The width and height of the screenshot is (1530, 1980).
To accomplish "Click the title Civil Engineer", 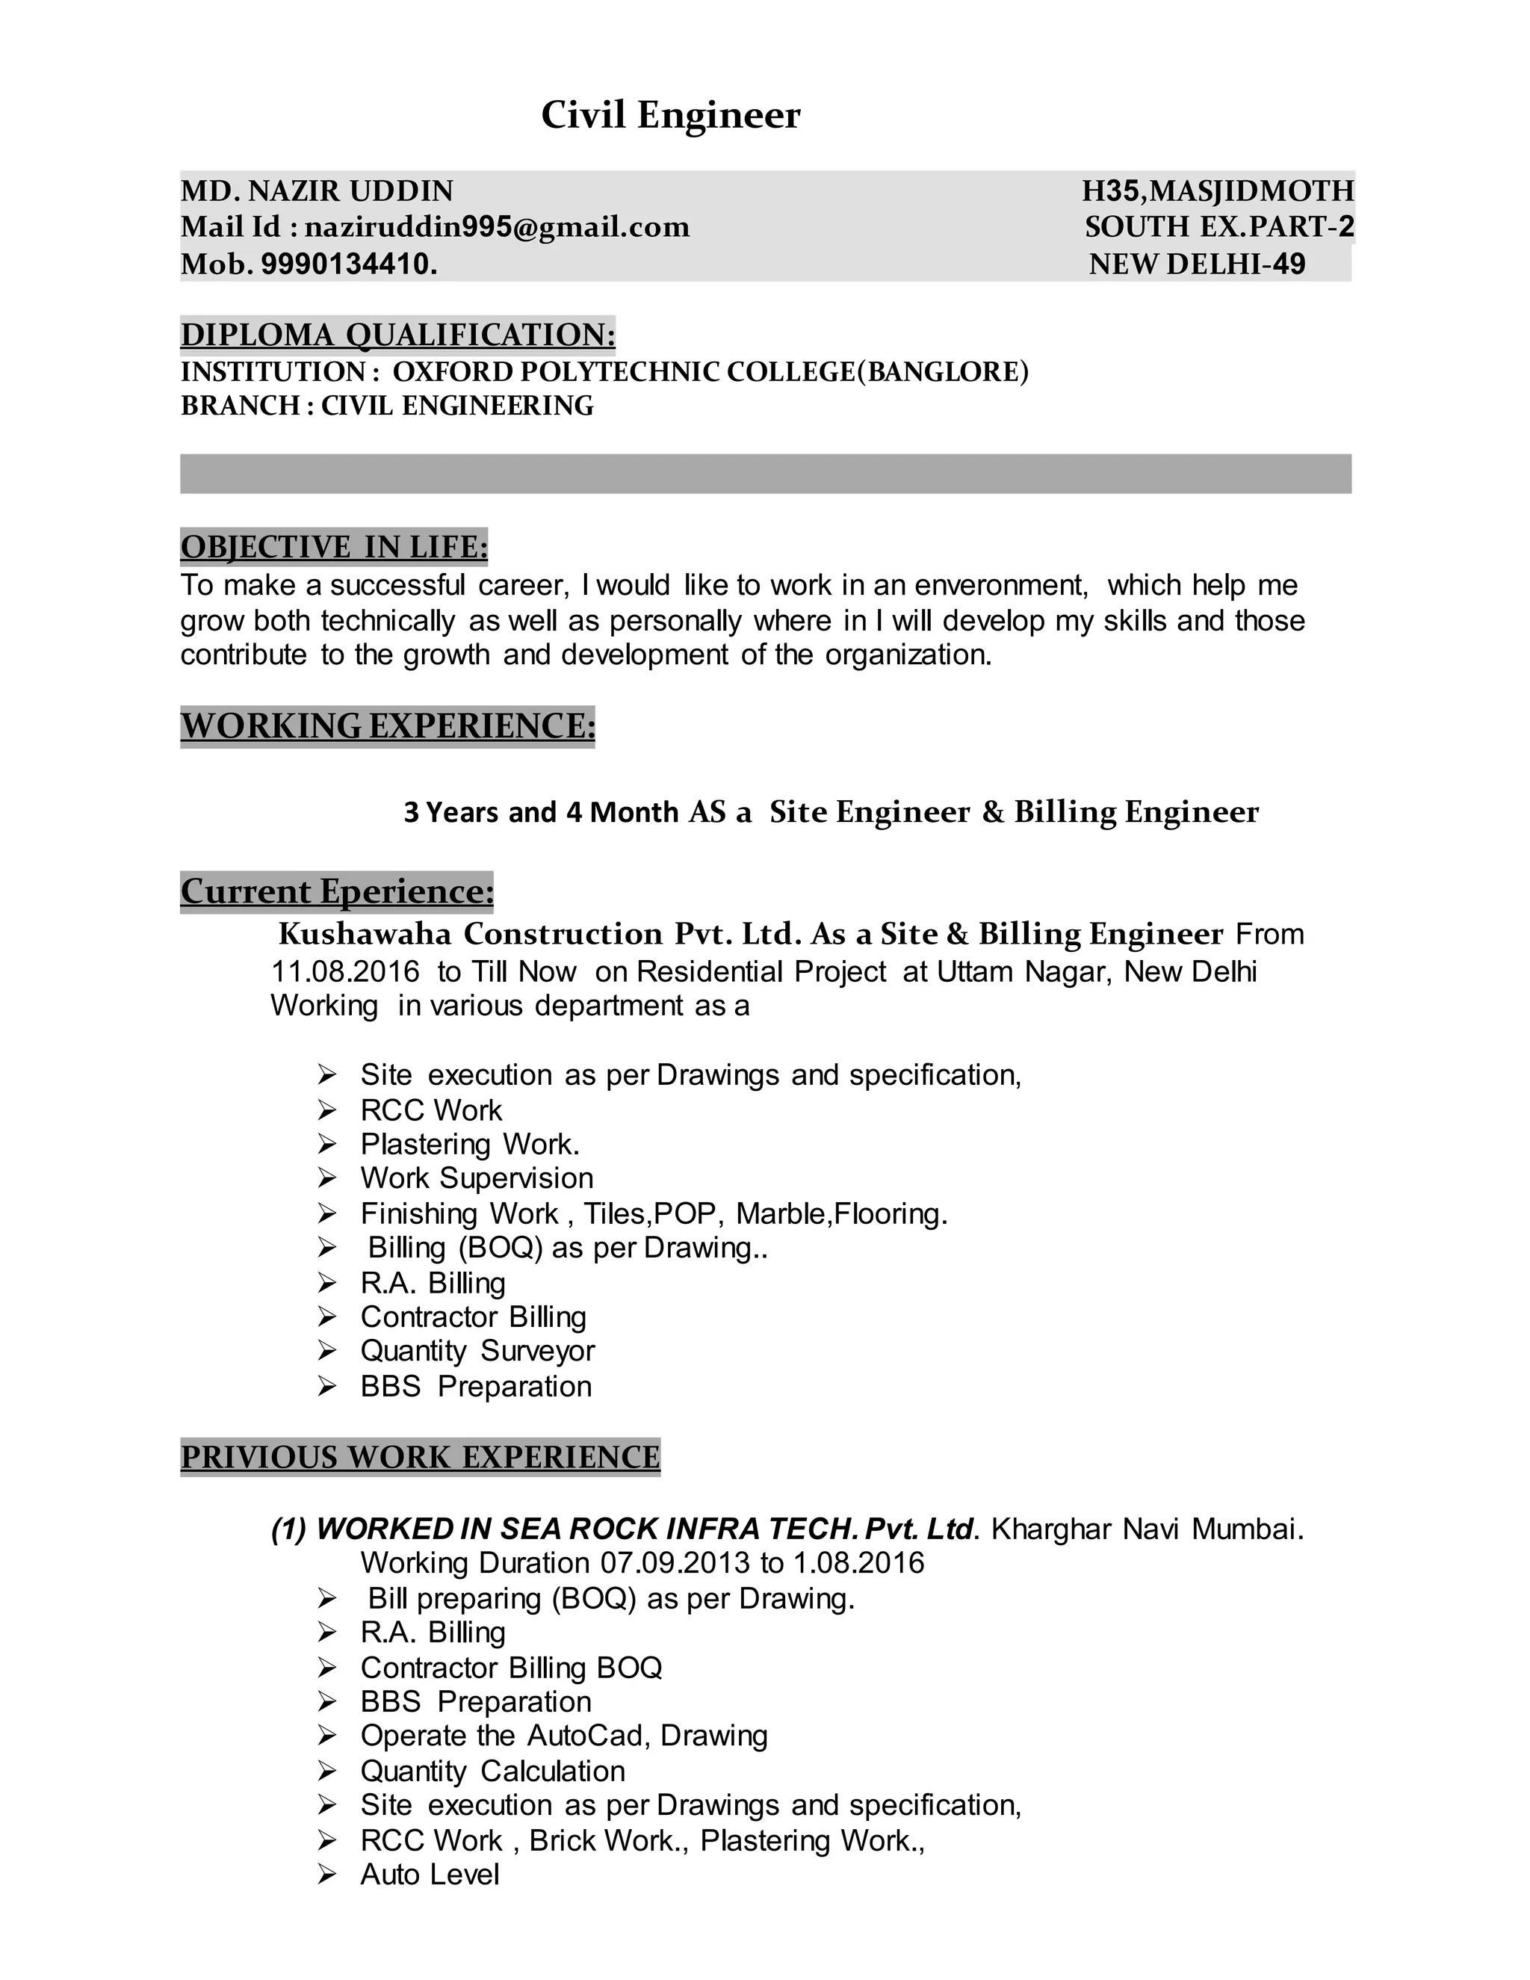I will [x=670, y=115].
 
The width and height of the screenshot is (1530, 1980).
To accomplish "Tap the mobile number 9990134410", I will [x=348, y=264].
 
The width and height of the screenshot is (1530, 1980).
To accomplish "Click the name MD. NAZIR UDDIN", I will [x=318, y=191].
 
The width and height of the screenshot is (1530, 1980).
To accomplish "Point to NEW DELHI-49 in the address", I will [x=1197, y=264].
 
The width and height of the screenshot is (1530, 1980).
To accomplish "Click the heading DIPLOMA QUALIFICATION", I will [x=398, y=335].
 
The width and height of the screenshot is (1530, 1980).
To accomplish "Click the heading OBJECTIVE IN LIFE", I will [x=333, y=547].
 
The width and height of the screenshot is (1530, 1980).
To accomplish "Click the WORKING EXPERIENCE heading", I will [x=388, y=726].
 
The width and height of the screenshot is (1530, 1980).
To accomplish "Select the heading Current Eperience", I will [x=337, y=891].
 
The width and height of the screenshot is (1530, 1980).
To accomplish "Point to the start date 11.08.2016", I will [x=345, y=972].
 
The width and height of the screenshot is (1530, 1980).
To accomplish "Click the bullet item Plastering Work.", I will [x=469, y=1144].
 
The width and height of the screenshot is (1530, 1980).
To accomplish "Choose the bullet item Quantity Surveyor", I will [x=477, y=1351].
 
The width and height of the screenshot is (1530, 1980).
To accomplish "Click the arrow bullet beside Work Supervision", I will [x=327, y=1178].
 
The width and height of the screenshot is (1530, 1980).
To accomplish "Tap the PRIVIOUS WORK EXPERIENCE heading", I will [x=421, y=1457].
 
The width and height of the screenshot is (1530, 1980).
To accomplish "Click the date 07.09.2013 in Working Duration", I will [x=675, y=1563].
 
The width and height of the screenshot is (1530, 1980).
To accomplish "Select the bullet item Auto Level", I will [x=430, y=1874].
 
